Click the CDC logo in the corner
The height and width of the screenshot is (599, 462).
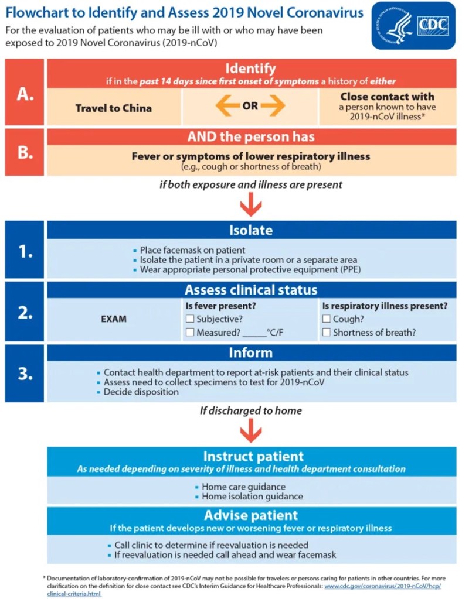point(413,25)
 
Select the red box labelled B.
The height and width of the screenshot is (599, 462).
point(25,152)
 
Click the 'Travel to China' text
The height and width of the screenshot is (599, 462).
point(114,108)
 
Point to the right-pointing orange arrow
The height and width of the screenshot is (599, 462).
point(274,107)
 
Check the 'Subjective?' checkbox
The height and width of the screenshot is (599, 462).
point(189,319)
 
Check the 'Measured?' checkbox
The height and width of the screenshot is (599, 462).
point(189,333)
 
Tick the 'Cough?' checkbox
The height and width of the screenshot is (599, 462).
point(327,319)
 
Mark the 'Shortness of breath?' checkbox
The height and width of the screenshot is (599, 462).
point(327,333)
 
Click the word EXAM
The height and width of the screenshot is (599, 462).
point(113,320)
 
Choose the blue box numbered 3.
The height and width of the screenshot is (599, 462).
point(25,373)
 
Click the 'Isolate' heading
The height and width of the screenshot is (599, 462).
point(251,230)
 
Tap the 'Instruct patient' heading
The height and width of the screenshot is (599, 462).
point(253,456)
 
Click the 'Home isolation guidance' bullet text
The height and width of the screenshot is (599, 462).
point(252,497)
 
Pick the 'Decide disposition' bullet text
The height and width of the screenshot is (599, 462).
point(141,392)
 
